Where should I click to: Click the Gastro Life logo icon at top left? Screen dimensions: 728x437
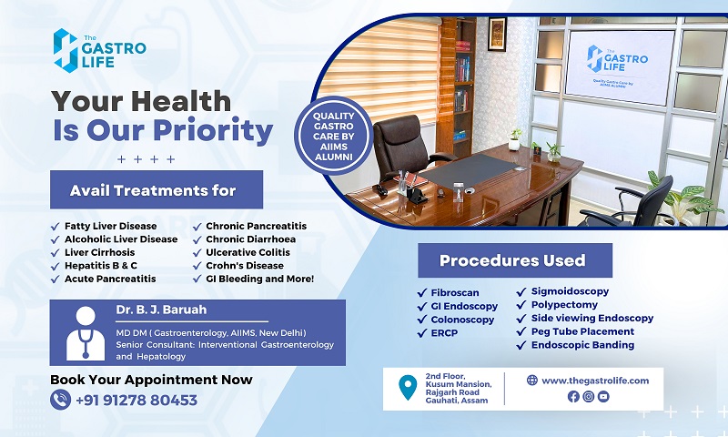66,51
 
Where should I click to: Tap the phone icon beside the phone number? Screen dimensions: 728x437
60,400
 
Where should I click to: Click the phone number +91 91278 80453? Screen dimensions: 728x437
136,400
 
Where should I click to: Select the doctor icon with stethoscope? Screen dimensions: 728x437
86,333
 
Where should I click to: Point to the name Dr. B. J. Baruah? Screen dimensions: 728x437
161,310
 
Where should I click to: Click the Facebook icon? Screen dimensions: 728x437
573,396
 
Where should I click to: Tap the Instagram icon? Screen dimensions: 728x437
588,396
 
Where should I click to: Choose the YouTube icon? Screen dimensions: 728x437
603,396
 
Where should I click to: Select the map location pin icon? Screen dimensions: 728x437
408,387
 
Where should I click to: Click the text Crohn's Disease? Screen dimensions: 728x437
245,266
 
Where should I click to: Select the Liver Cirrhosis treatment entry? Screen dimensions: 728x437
99,252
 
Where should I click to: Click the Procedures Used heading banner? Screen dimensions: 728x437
515,260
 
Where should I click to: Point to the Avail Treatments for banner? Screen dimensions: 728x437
157,190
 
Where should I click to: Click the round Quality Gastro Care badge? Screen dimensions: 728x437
333,136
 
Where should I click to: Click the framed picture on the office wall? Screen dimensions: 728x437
497,34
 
